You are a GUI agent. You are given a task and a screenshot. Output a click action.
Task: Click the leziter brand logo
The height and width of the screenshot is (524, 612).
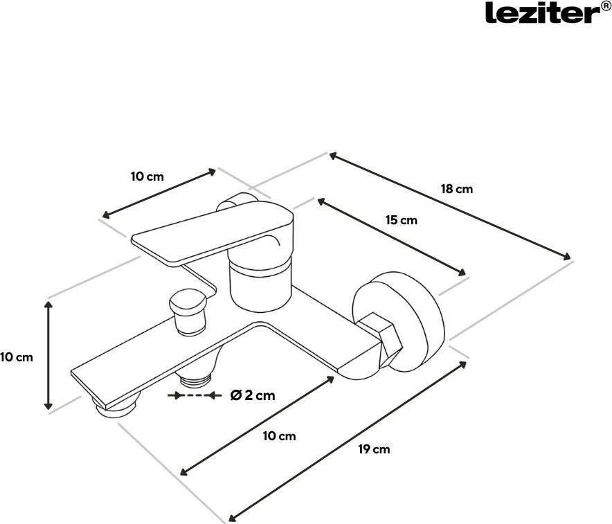pos(540,13)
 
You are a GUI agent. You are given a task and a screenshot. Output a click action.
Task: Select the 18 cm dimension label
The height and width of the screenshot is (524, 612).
pos(457,188)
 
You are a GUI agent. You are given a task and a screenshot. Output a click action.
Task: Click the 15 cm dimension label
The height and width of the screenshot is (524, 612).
pos(402,220)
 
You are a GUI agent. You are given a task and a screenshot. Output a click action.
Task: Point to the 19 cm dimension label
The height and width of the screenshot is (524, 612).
pos(374,449)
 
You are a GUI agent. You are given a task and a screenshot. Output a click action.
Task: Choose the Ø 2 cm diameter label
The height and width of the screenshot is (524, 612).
pos(252,395)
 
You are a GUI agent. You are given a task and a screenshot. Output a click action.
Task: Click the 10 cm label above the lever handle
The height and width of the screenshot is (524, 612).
pos(147,176)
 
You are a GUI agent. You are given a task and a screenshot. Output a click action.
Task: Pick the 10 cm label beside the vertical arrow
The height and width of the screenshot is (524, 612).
pos(16,357)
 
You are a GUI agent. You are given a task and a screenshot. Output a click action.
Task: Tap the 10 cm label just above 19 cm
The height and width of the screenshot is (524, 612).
pos(279,435)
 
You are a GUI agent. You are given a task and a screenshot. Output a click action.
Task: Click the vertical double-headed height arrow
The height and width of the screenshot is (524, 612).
pos(48,354)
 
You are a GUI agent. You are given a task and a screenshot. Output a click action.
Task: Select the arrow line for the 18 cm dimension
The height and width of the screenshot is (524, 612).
pos(451,206)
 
